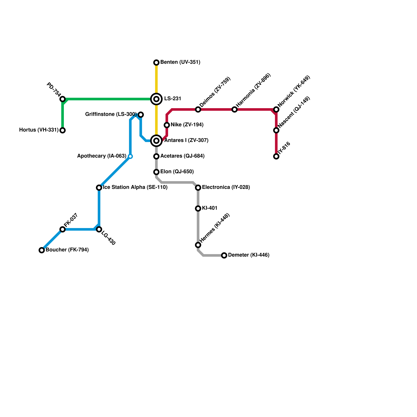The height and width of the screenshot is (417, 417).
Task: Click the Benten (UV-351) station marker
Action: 156,63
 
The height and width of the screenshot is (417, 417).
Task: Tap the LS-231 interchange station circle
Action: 156,99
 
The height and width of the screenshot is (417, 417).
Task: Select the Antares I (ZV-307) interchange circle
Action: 156,141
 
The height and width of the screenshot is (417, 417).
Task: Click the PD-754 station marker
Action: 63,99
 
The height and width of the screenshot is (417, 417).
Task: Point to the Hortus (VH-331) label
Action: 39,130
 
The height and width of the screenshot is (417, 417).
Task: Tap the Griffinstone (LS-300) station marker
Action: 141,115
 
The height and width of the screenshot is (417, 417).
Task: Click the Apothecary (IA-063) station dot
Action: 130,156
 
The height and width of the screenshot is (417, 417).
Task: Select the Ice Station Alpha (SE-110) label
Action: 135,187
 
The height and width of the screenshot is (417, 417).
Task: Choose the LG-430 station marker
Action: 99,229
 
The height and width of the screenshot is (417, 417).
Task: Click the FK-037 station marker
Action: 63,229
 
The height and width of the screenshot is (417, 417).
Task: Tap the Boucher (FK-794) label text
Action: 67,250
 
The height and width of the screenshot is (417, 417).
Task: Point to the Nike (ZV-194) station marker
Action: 167,125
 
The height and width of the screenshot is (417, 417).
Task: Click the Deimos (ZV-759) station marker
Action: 198,109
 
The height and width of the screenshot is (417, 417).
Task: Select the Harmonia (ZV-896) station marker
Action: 235,109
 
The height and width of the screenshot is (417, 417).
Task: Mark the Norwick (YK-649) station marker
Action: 276,109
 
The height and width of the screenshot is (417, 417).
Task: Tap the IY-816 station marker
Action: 276,156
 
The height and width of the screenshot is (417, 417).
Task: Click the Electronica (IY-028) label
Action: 226,187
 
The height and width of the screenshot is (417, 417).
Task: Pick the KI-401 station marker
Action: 198,208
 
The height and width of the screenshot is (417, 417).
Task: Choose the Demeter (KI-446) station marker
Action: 224,255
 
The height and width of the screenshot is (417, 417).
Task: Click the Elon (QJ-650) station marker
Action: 156,172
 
